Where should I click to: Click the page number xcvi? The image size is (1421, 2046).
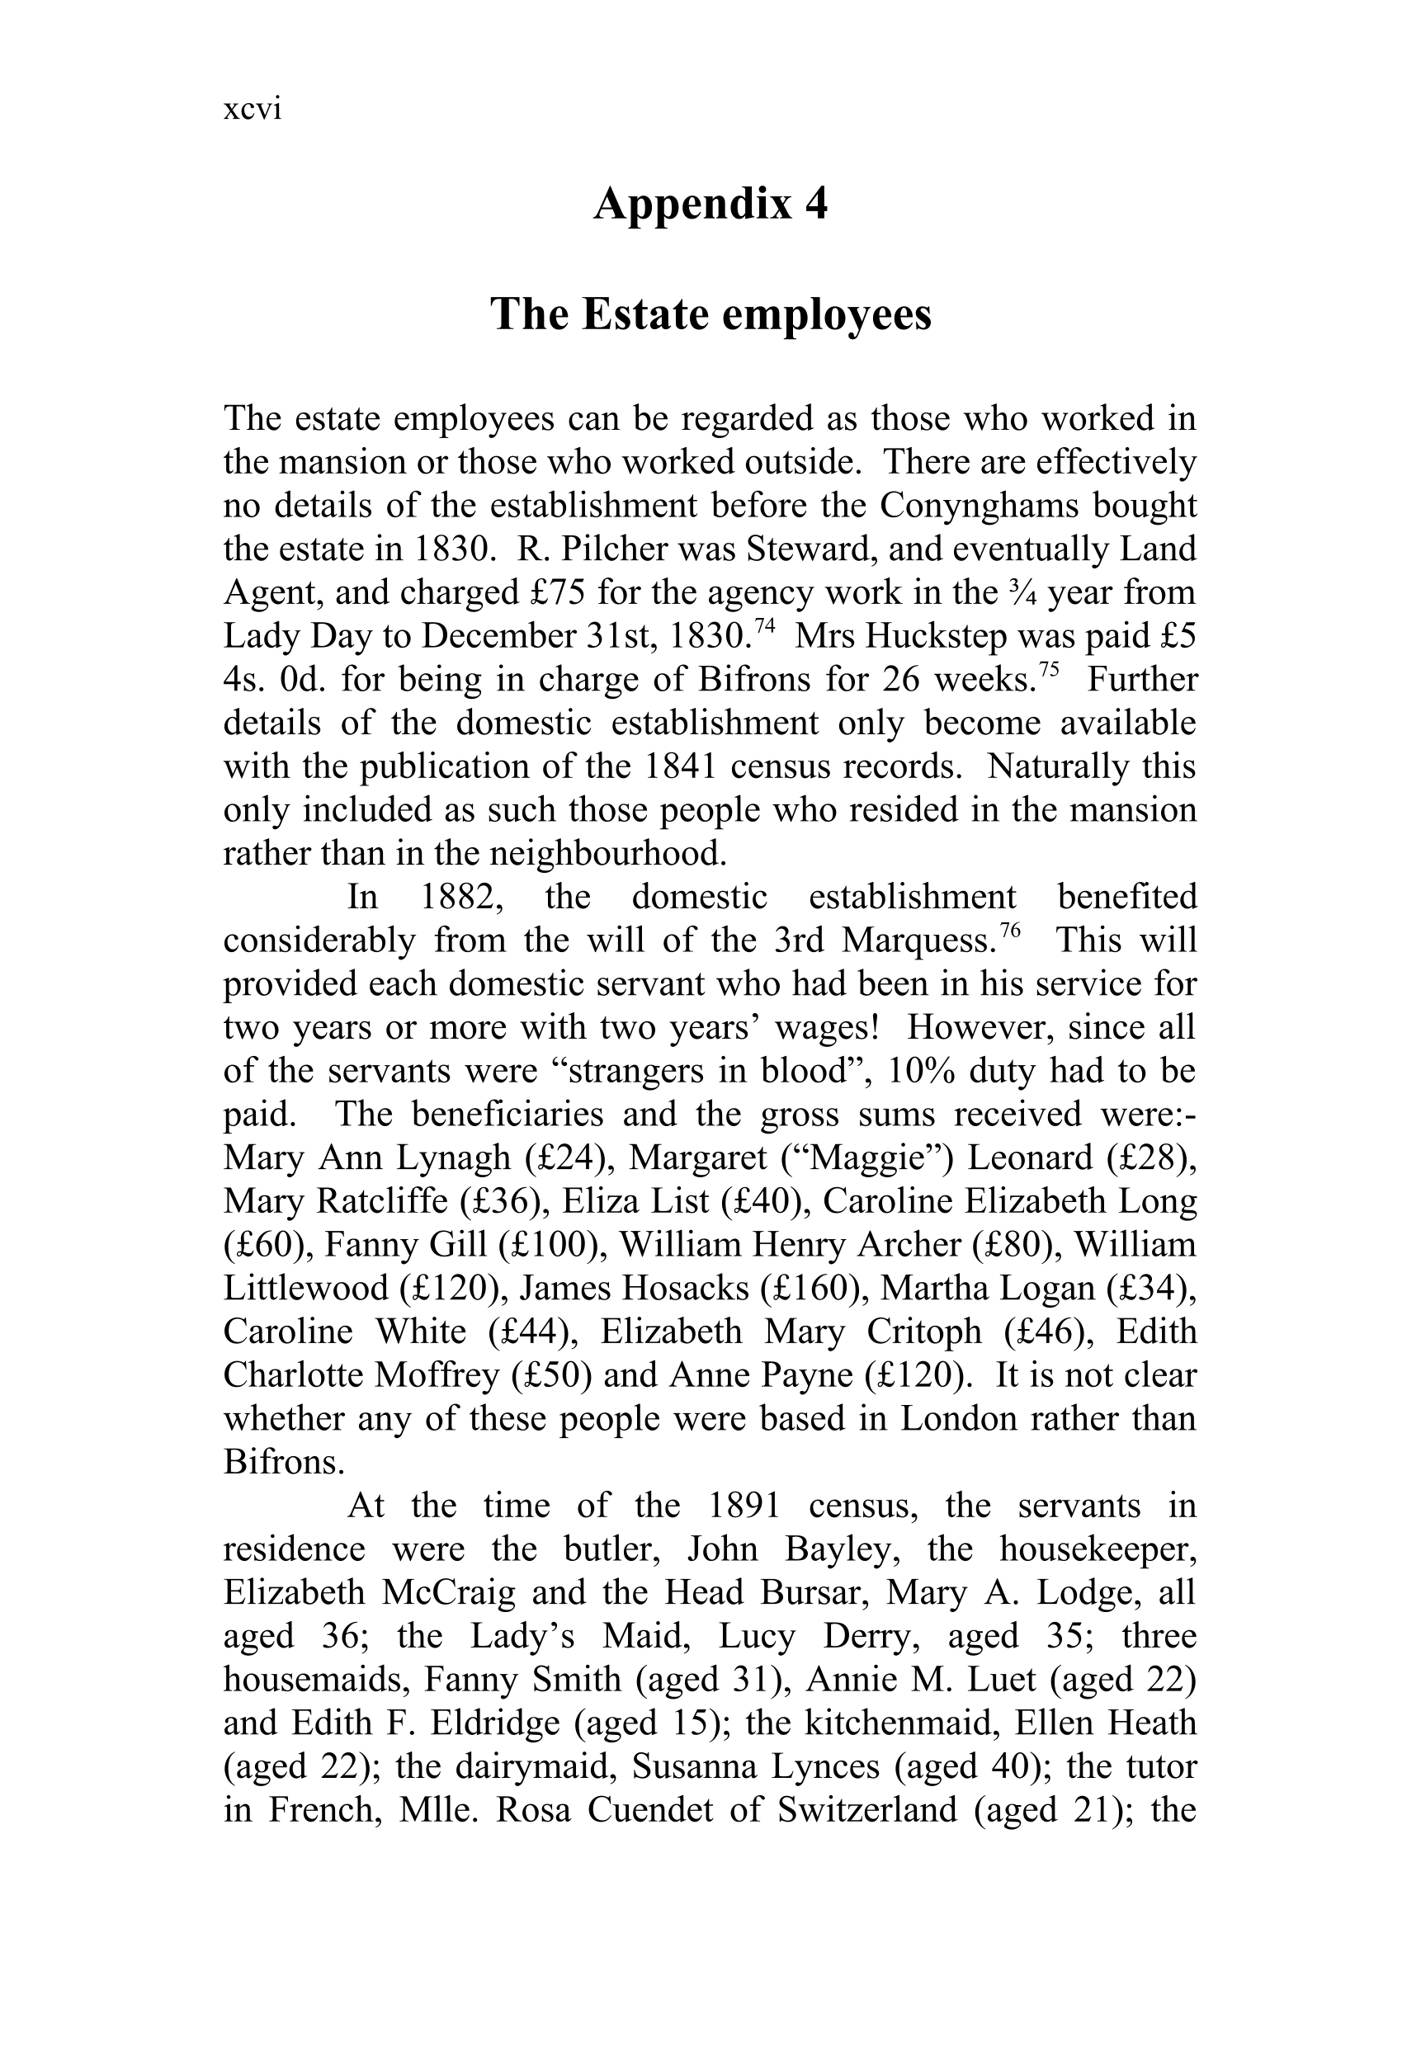point(253,110)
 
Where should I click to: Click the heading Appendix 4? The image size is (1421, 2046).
point(710,204)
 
